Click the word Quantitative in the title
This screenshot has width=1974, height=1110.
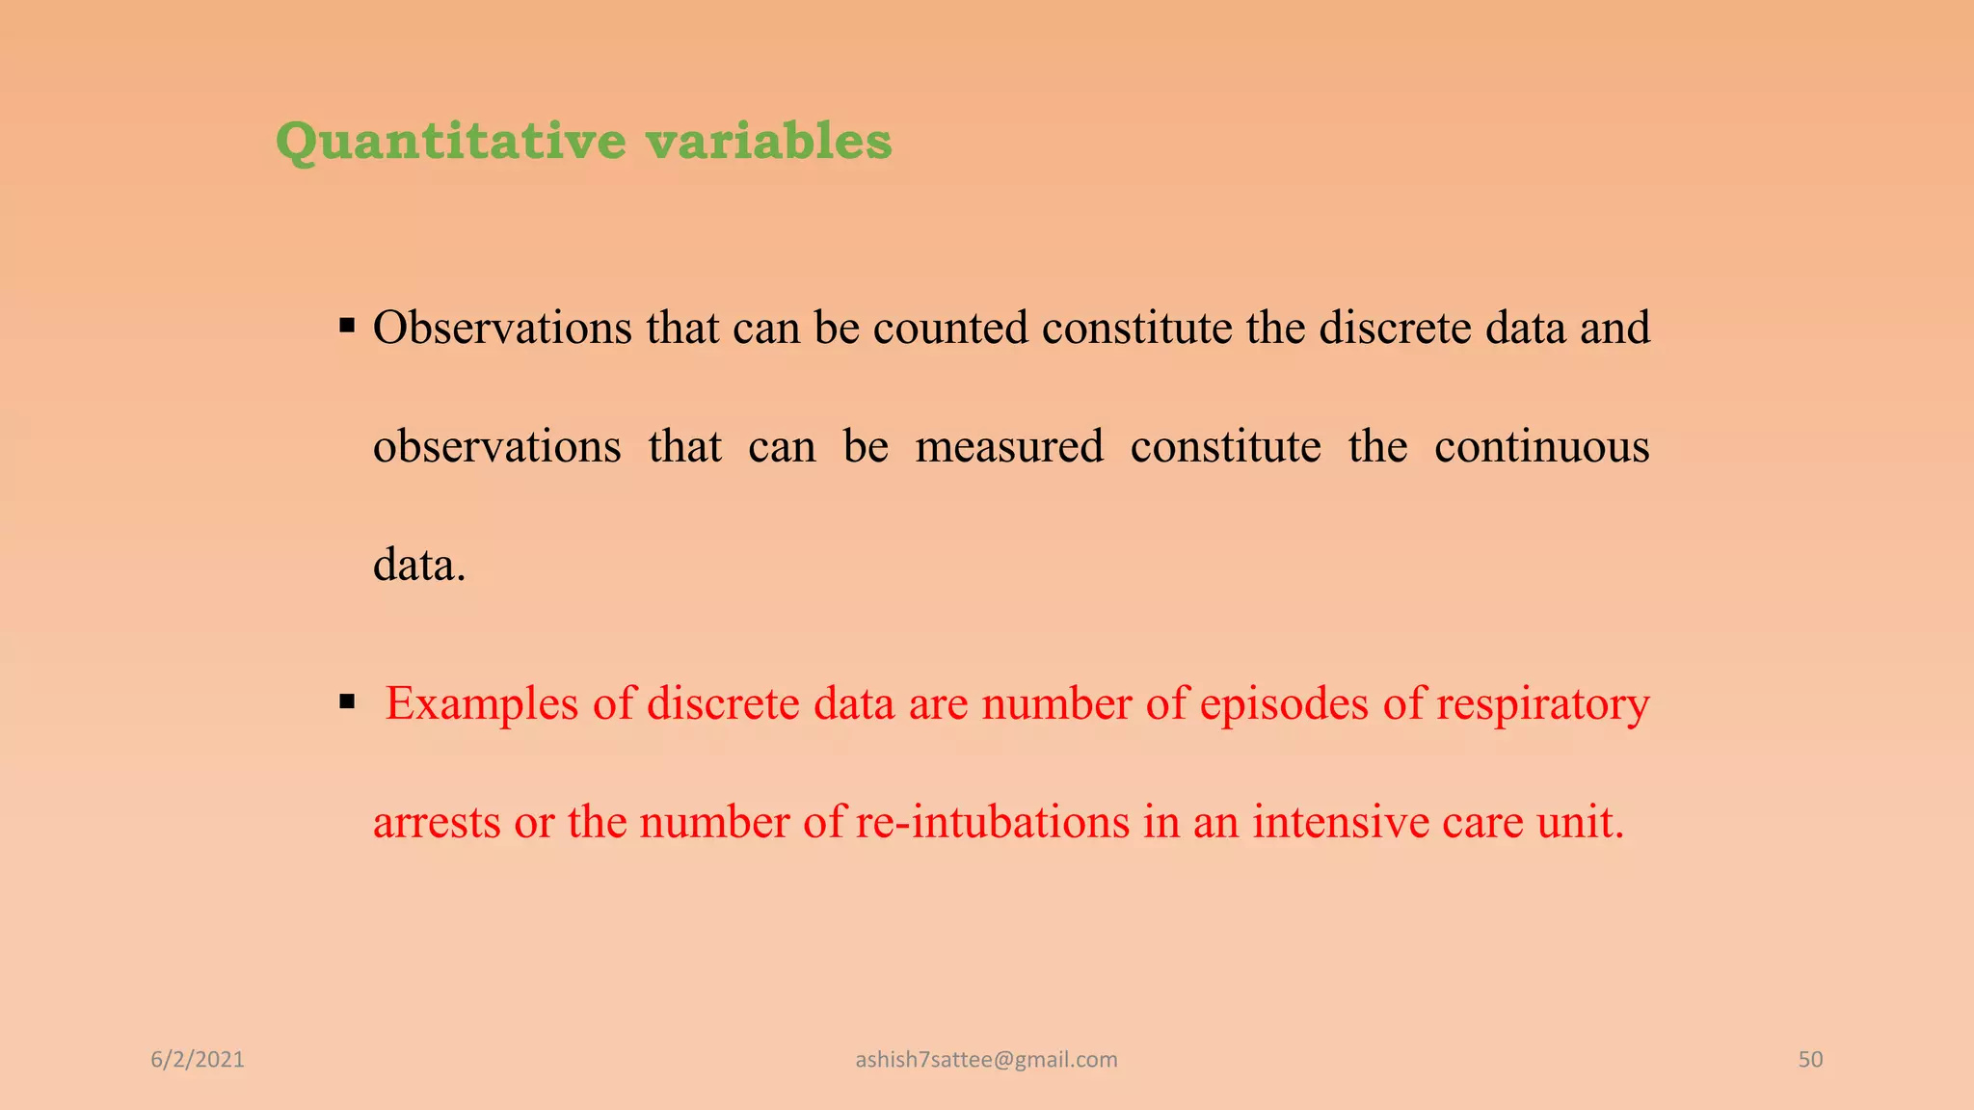[x=450, y=142]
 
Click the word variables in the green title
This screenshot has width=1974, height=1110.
[x=768, y=142]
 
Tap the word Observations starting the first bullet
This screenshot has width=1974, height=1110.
[x=502, y=329]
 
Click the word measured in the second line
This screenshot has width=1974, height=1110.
[x=1008, y=447]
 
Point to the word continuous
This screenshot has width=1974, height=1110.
[x=1541, y=447]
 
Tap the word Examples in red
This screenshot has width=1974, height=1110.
[x=481, y=704]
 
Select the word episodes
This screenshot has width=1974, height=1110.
[x=1283, y=704]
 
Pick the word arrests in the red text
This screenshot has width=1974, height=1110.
[x=436, y=823]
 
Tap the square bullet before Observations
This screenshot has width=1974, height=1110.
[x=348, y=326]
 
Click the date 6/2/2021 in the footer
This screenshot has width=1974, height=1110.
[x=198, y=1060]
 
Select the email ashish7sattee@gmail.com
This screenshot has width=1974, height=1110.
[x=986, y=1060]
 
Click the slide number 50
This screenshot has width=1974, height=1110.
[x=1810, y=1060]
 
